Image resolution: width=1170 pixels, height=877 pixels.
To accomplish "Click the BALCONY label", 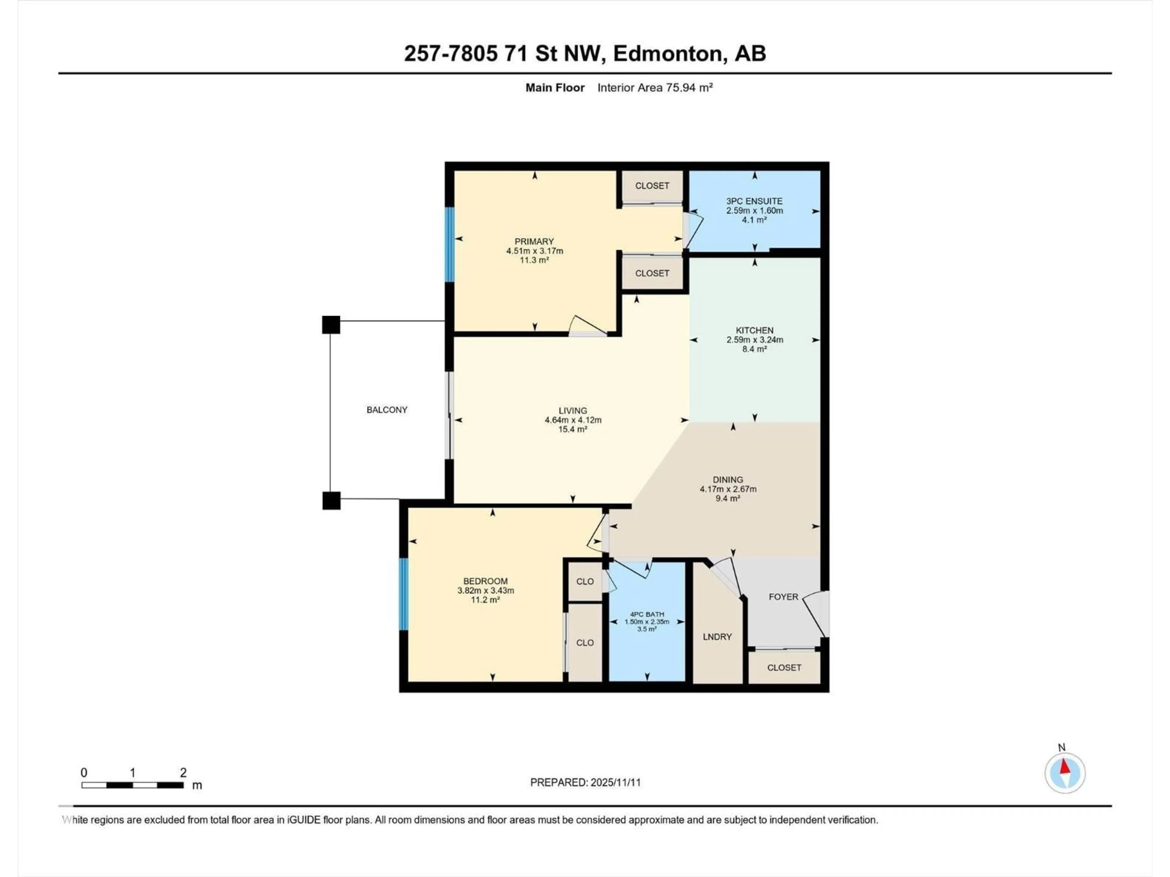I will [x=387, y=410].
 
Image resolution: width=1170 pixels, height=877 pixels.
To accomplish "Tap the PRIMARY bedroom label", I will [x=534, y=241].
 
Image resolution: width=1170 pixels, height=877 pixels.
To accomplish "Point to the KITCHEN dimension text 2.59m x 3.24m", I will [x=754, y=340].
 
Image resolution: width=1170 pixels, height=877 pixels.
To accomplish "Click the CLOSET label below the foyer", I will [x=784, y=668].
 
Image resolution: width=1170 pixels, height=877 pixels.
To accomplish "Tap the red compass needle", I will [x=1064, y=766].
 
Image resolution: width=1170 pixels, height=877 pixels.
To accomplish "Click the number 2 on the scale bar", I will [x=183, y=773].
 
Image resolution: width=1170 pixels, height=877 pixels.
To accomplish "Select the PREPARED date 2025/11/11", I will [x=616, y=782].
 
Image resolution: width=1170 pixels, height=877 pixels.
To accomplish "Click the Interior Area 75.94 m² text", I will [x=655, y=88].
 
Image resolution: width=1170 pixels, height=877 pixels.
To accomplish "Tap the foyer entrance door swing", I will [x=817, y=613].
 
